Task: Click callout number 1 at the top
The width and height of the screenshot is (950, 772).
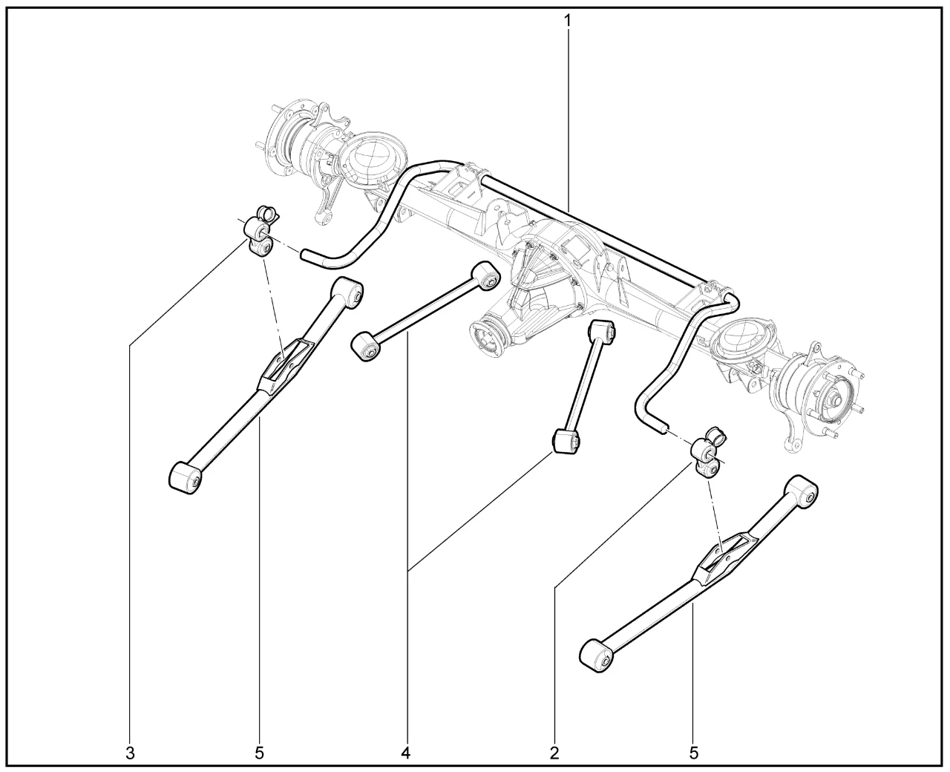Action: (x=567, y=21)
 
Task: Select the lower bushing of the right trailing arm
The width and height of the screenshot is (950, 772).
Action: (x=597, y=660)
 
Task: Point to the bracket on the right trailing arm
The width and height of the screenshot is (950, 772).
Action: (x=716, y=560)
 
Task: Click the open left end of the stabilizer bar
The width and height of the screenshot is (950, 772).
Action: (x=305, y=255)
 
